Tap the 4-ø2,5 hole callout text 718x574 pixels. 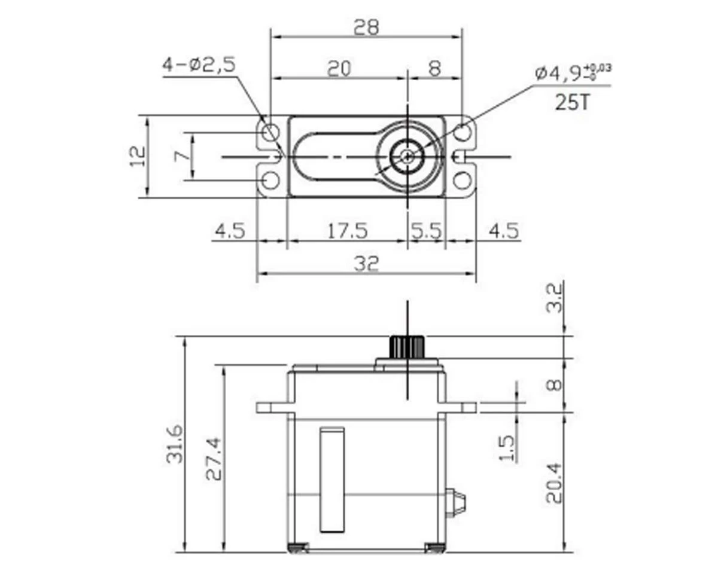[199, 65]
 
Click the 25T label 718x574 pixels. [572, 102]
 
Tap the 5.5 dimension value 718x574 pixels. [425, 230]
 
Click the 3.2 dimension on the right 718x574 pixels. [555, 298]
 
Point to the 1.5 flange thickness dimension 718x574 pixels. [506, 448]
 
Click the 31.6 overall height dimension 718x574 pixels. [175, 444]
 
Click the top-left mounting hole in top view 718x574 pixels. [271, 132]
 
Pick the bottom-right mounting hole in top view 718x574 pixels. [462, 180]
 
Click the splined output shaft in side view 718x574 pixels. [407, 346]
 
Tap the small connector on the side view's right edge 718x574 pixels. [456, 503]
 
